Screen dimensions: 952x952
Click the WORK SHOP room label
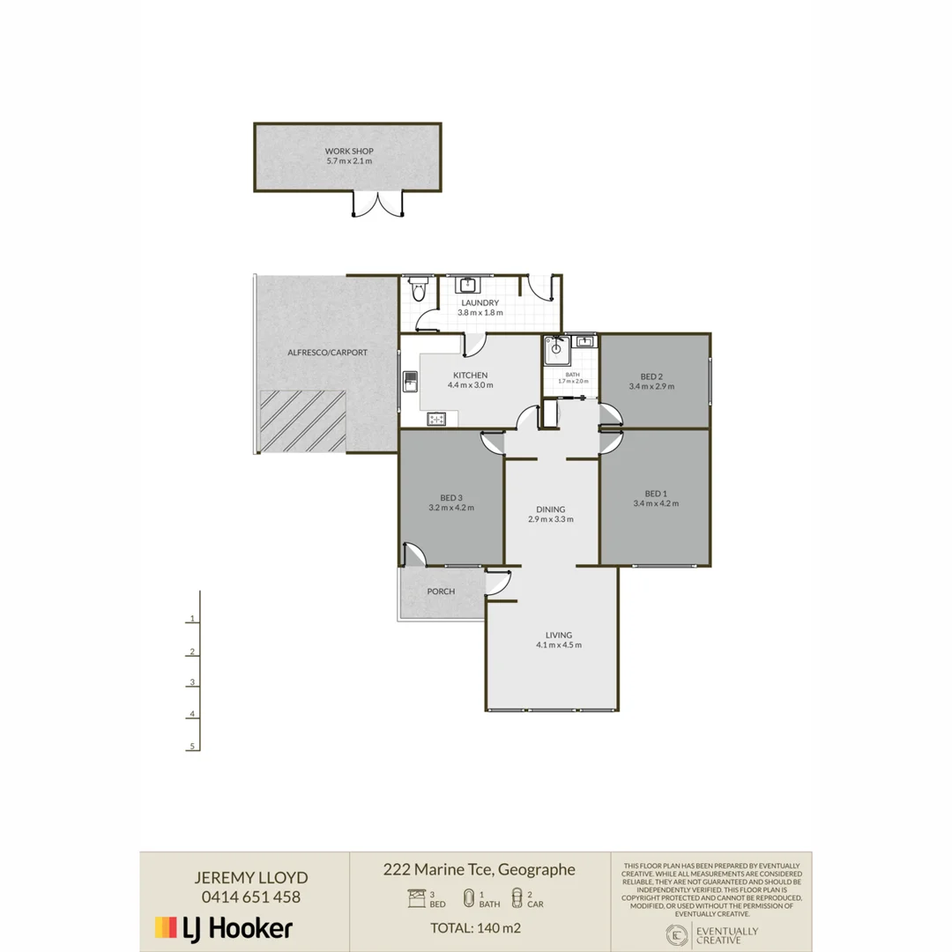(348, 151)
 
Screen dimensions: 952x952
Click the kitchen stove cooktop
(437, 420)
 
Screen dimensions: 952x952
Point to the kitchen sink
(411, 382)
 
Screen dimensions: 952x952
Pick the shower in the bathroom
(554, 348)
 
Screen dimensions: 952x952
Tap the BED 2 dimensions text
(651, 386)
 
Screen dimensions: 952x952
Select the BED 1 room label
(655, 493)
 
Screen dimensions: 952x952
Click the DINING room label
(550, 509)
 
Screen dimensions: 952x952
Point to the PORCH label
(441, 591)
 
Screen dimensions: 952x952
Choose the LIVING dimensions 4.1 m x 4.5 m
(559, 645)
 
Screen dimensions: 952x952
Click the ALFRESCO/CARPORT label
(327, 353)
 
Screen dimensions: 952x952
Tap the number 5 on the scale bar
(191, 747)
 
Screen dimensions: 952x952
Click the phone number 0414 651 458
(251, 897)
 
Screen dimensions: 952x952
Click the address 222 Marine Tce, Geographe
(479, 869)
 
